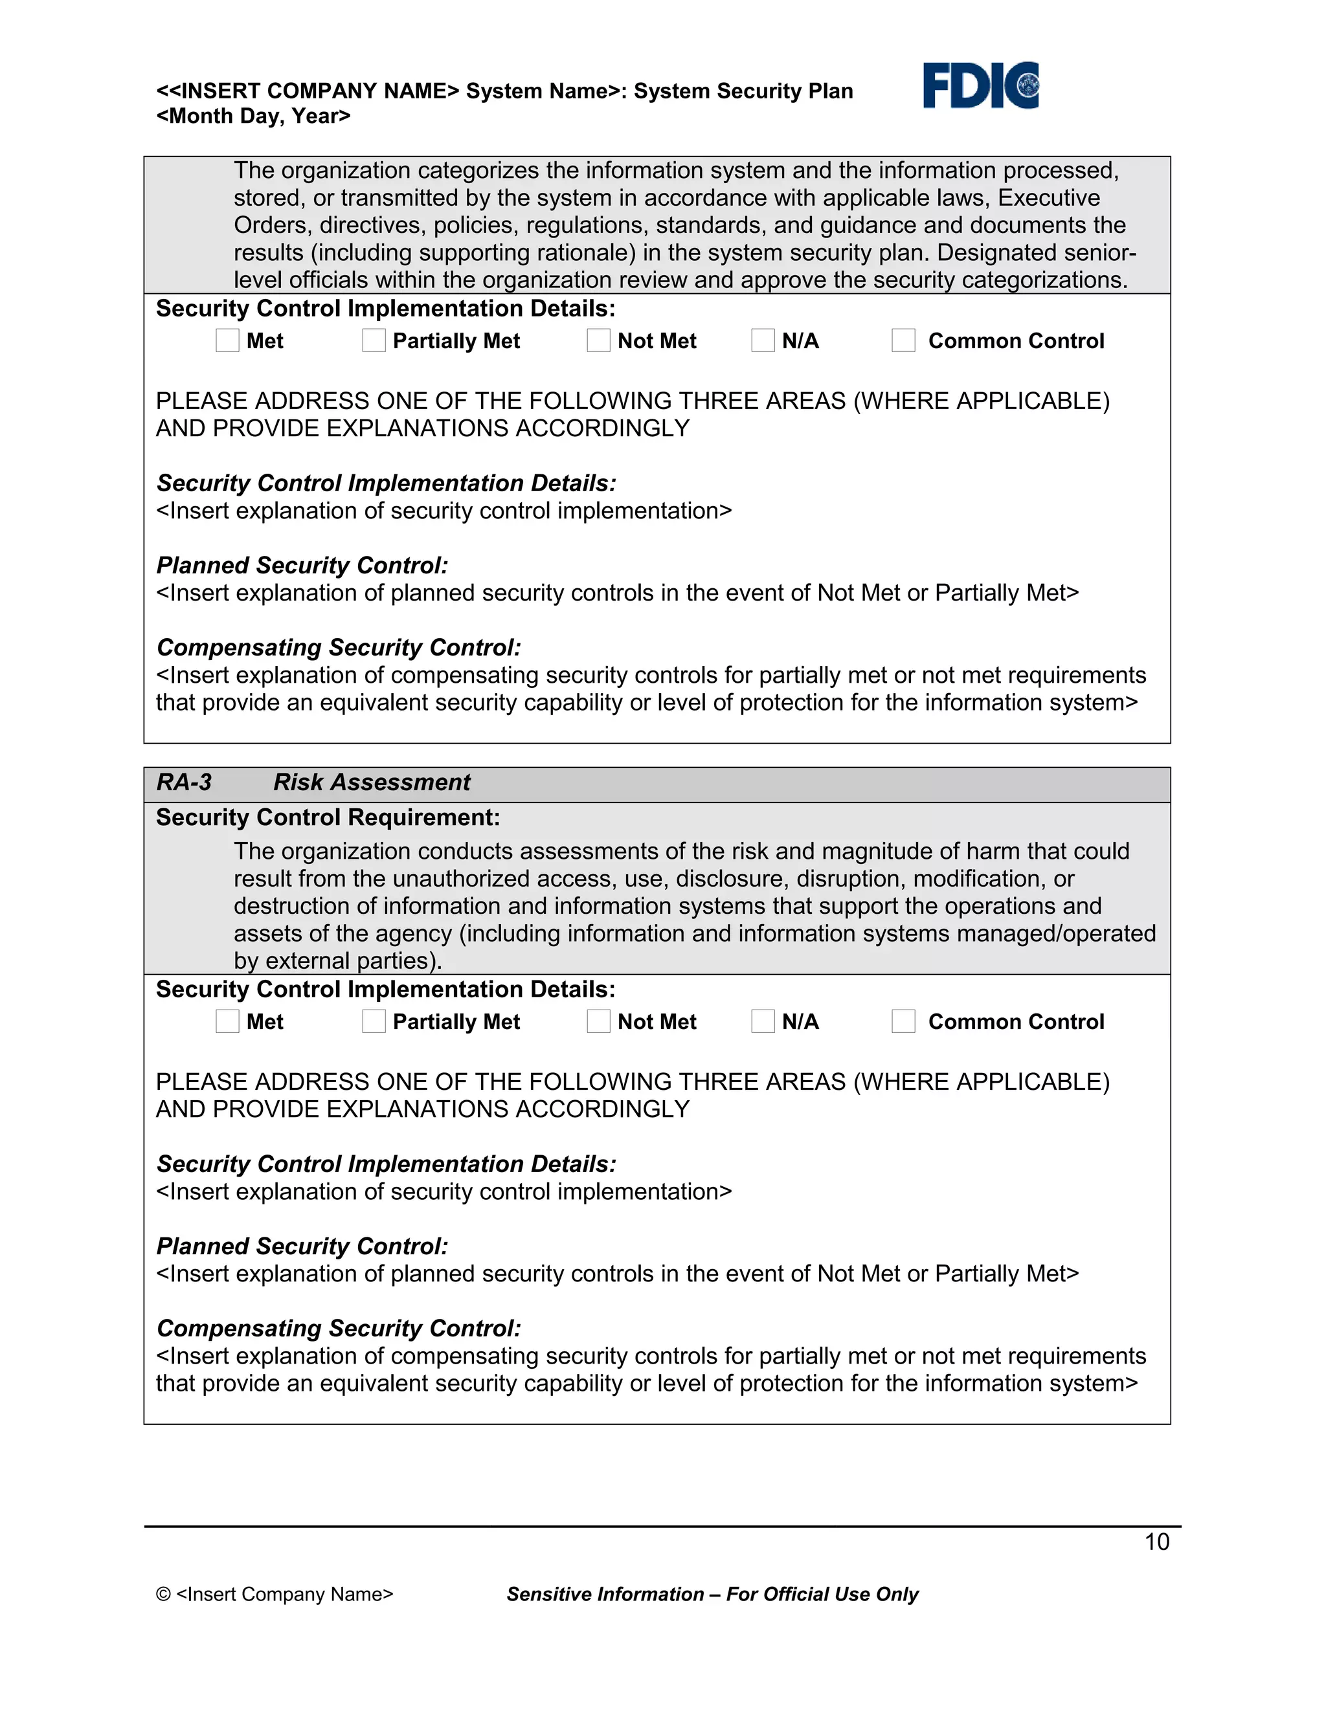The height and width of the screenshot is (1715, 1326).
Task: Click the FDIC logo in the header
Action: [x=980, y=85]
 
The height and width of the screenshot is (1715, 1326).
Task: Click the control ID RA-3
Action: [x=184, y=782]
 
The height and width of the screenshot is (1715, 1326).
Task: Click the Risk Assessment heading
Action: [x=372, y=782]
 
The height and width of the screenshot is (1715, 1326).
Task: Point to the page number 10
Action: [x=1156, y=1542]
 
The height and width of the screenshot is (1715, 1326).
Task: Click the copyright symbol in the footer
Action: [x=163, y=1594]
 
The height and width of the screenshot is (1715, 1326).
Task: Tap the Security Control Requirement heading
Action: [x=328, y=817]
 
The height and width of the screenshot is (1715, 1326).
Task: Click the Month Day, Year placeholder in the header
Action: [x=253, y=116]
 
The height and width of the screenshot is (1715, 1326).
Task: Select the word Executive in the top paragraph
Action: [x=1049, y=198]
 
